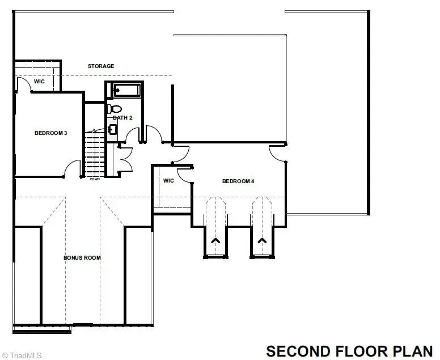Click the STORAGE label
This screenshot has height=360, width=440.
click(100, 66)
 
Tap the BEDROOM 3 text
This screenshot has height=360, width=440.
click(51, 133)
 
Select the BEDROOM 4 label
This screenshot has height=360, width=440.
click(238, 181)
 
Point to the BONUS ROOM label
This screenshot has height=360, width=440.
click(82, 257)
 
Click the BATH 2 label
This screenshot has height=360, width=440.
click(122, 117)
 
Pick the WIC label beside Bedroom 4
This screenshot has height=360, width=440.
click(168, 181)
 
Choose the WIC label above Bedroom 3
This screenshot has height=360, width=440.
click(39, 82)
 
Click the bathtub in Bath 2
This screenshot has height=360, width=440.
click(125, 90)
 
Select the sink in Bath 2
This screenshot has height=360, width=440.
click(112, 130)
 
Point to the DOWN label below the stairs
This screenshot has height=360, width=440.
click(95, 180)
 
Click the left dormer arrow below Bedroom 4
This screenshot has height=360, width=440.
click(215, 241)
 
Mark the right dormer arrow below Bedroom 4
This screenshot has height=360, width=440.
click(263, 241)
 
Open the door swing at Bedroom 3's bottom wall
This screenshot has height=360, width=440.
click(73, 169)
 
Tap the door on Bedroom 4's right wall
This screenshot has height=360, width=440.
click(278, 154)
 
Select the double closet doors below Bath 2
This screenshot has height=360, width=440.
click(125, 158)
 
